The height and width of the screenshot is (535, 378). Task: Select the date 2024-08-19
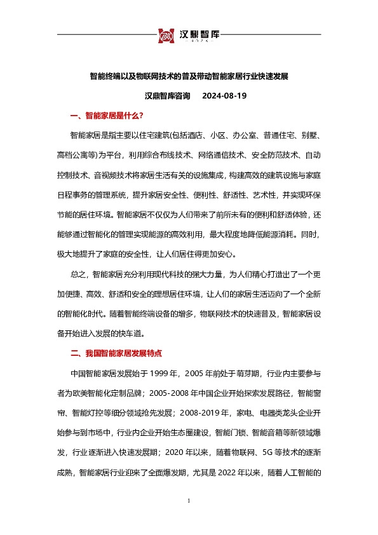pos(224,96)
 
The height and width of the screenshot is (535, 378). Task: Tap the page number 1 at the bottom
pos(189,501)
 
